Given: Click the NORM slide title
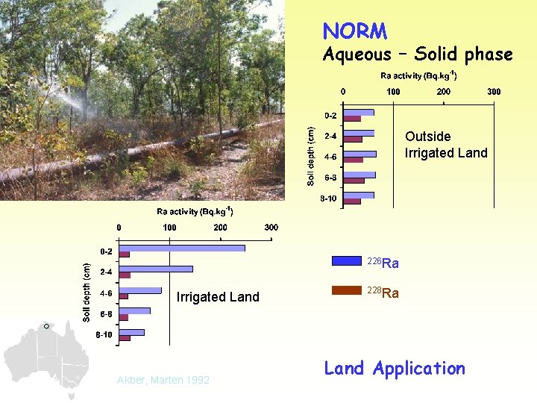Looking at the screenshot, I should [354, 31].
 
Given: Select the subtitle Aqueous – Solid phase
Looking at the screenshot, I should [417, 54].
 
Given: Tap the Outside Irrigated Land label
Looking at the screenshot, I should [445, 145].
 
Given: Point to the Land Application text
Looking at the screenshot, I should [394, 369].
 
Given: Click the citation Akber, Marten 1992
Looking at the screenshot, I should [163, 381].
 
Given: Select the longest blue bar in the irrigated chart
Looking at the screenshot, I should [181, 248].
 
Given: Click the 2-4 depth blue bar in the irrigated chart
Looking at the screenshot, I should [155, 269].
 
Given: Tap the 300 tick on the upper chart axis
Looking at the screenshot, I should [494, 92].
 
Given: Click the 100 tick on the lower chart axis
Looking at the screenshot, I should [169, 227].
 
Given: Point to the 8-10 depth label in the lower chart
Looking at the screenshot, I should [104, 335].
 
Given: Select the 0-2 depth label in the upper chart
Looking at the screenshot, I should [330, 116].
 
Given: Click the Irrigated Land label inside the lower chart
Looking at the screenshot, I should [218, 297].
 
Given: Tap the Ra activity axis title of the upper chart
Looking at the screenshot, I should [418, 75].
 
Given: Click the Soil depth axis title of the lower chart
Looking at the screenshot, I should [87, 292].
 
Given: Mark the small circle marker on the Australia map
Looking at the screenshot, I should [45, 326].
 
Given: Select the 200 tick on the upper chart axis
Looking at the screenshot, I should [443, 92].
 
